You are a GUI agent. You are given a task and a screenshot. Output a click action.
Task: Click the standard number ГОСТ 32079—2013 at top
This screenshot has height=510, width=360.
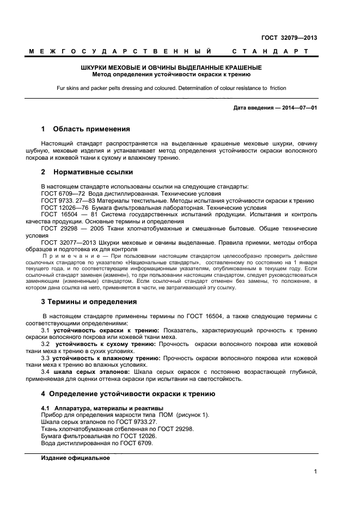[289, 38]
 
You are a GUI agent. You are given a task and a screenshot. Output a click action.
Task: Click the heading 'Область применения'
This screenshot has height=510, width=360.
[91, 129]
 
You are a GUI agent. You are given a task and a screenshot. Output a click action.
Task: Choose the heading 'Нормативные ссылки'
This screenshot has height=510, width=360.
[93, 172]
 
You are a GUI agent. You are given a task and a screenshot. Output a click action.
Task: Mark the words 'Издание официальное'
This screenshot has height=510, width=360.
[76, 458]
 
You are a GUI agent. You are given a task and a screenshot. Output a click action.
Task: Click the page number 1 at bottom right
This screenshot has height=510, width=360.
[315, 472]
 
